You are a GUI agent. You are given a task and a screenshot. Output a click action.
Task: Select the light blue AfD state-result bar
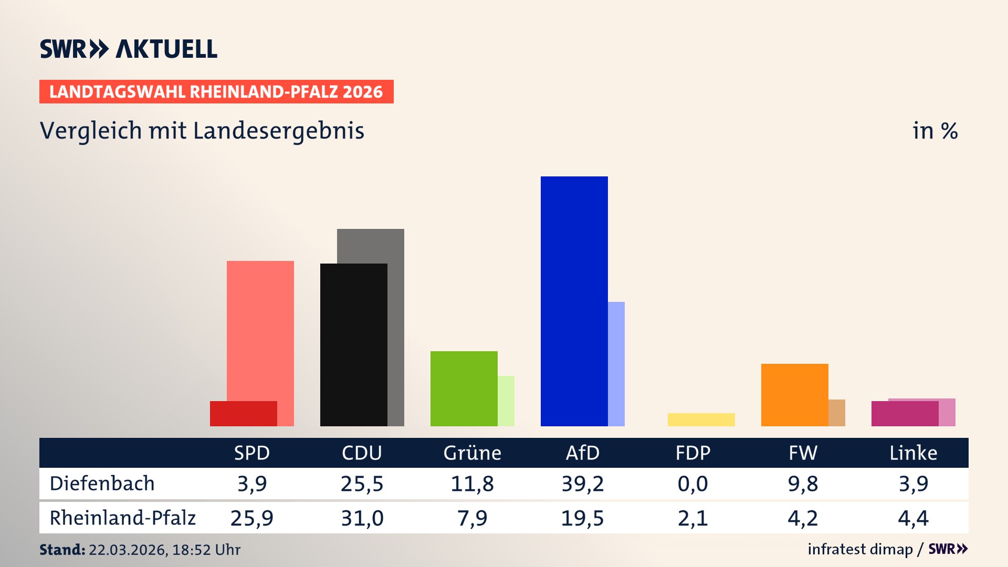(616, 363)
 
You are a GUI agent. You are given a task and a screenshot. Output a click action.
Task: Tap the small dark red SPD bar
(243, 414)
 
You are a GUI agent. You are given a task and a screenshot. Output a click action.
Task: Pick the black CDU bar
(353, 344)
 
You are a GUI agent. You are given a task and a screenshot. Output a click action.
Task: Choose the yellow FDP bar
(701, 419)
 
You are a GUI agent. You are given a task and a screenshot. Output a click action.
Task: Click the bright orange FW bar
(794, 394)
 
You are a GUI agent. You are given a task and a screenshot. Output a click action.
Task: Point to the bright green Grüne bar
(464, 388)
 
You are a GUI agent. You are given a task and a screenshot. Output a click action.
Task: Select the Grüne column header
(472, 453)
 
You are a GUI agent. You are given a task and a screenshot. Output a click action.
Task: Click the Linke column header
(913, 453)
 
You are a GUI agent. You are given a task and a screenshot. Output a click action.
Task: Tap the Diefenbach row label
(102, 484)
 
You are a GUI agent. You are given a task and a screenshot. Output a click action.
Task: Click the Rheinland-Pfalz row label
(122, 518)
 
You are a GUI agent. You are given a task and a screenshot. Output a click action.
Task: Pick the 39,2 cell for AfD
(582, 484)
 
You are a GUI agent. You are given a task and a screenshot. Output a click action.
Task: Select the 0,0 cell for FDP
(692, 484)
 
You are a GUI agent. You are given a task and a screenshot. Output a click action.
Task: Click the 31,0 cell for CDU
(362, 518)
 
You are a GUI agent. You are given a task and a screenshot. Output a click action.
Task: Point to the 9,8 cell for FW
(803, 484)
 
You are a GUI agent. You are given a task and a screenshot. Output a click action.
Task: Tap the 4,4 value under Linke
(913, 518)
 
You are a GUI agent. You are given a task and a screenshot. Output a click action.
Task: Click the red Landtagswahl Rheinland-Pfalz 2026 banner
(216, 92)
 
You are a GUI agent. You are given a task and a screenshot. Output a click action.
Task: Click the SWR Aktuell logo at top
(129, 49)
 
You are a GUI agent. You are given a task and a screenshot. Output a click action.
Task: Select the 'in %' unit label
(934, 131)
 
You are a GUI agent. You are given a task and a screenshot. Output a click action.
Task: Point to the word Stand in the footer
(61, 550)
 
